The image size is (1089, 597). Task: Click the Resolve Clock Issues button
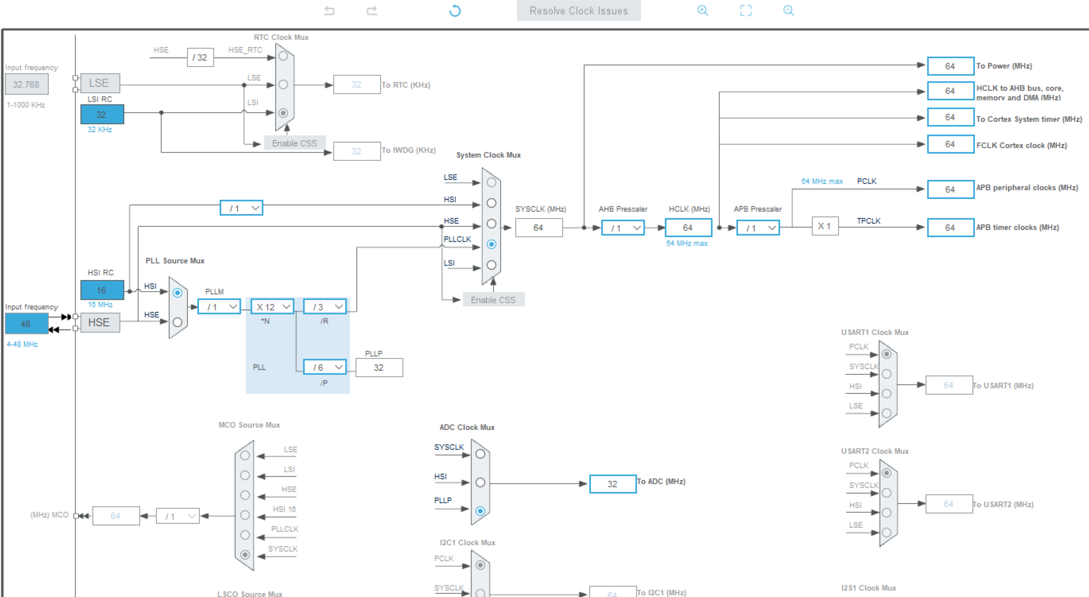[x=578, y=10]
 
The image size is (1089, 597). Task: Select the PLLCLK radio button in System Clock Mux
[x=491, y=244]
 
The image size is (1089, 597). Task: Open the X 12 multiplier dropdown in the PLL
[x=273, y=307]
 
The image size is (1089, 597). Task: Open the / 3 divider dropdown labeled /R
[x=325, y=307]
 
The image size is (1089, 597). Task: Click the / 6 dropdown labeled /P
[x=325, y=367]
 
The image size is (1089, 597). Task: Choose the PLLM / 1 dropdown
[x=219, y=307]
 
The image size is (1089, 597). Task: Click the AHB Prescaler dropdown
[x=623, y=228]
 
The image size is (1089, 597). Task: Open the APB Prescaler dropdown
[x=758, y=228]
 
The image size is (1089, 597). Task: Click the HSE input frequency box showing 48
[x=26, y=323]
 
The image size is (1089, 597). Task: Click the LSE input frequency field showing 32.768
[x=26, y=85]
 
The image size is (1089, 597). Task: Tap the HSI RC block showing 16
[x=102, y=290]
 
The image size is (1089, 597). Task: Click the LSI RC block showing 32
[x=102, y=114]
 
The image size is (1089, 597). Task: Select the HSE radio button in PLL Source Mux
[x=178, y=322]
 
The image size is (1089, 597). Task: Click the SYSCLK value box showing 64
[x=538, y=228]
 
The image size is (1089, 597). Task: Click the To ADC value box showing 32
[x=612, y=484]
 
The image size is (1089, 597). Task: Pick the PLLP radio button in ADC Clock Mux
[x=480, y=511]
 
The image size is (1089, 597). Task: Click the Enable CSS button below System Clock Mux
[x=493, y=300]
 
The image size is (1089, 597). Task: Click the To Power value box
[x=950, y=66]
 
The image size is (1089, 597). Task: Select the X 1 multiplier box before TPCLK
[x=825, y=226]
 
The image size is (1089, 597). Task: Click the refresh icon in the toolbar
[x=455, y=10]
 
